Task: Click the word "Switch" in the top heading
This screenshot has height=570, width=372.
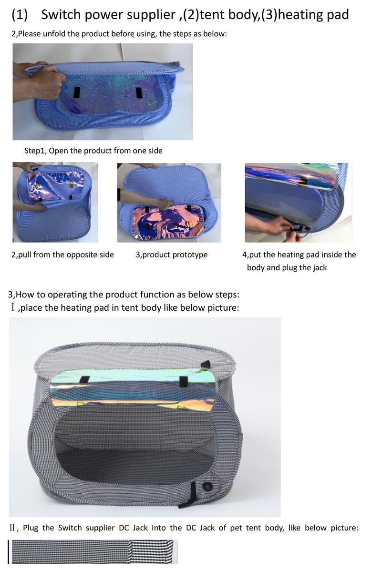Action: coord(59,15)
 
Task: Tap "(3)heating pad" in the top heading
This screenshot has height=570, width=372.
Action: coord(305,15)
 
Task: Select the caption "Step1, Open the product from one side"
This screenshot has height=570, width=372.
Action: coord(93,151)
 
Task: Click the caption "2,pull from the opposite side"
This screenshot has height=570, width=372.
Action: coord(62,254)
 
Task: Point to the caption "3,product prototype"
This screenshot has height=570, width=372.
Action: coord(172,254)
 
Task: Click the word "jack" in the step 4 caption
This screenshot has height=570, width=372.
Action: coord(318,267)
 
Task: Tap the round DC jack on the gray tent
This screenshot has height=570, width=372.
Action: coord(208,487)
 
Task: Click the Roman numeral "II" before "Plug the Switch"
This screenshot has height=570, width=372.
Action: coord(14,528)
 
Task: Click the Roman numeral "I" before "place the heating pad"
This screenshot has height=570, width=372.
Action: coord(13,307)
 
